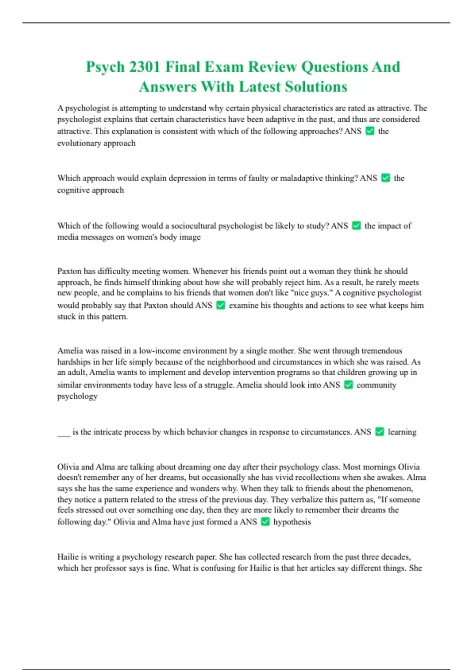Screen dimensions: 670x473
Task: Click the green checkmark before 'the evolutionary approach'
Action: tap(370, 131)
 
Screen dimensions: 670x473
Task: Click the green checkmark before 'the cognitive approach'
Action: tap(386, 178)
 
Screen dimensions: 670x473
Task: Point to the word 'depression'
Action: tap(187, 178)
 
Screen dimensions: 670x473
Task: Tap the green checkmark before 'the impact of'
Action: tap(356, 226)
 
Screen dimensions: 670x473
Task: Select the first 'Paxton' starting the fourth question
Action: tap(70, 271)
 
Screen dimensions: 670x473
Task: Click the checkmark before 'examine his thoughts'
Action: tap(221, 305)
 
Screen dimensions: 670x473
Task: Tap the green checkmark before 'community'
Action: tap(348, 385)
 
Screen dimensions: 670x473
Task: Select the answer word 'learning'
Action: tap(402, 432)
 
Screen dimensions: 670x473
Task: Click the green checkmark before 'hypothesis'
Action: tap(265, 522)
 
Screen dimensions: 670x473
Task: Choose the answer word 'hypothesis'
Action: tap(292, 522)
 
